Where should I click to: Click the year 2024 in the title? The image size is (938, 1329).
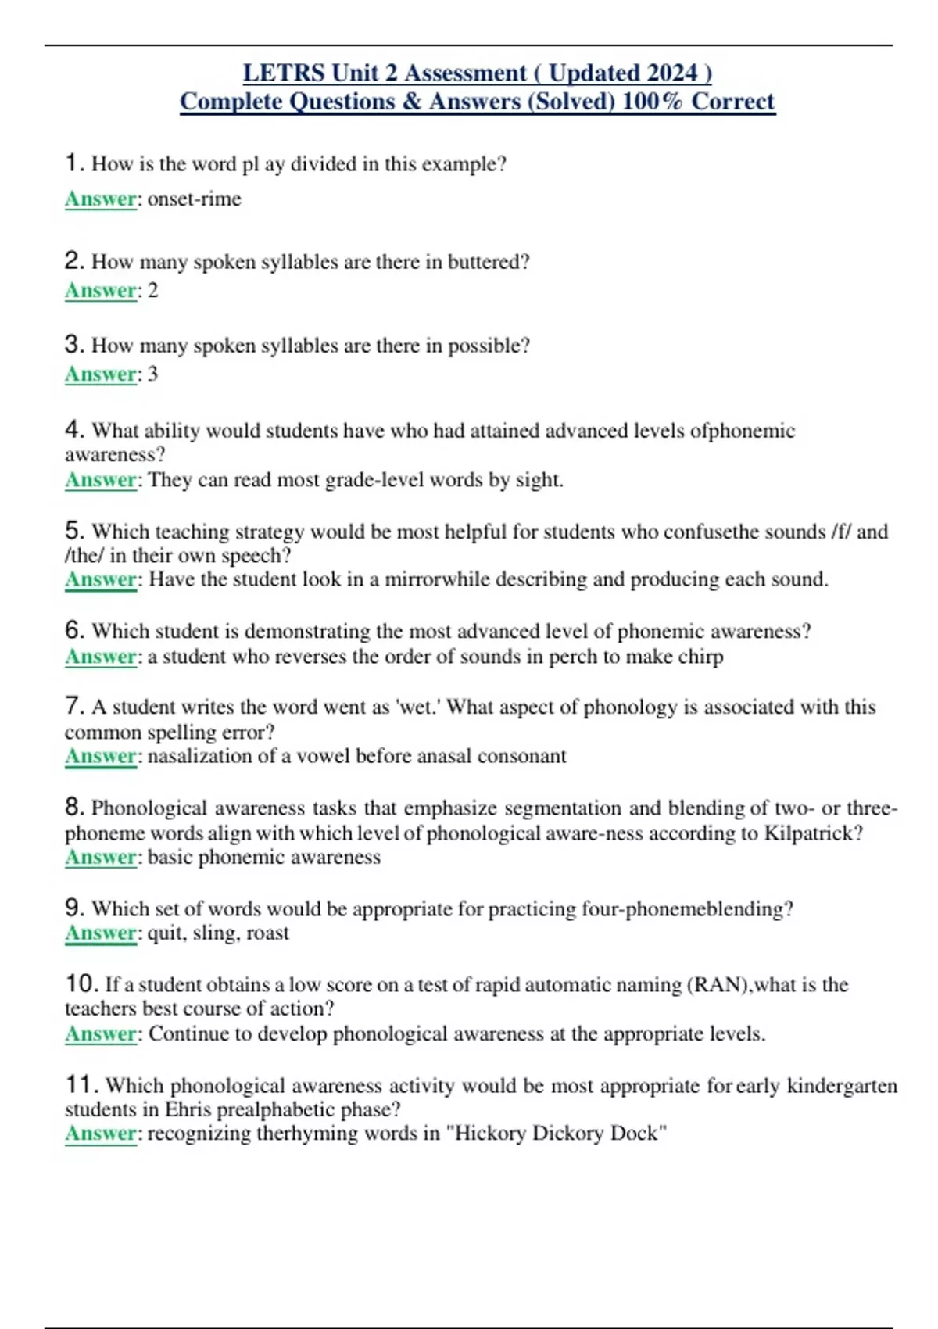672,73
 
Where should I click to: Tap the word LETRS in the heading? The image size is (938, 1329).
284,73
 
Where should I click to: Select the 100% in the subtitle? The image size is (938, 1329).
652,102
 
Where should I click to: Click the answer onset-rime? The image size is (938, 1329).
194,199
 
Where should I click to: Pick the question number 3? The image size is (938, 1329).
74,344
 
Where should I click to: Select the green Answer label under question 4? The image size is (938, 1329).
101,479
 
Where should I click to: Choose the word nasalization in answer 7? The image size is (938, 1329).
196,756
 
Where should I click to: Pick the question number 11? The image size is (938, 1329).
81,1085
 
